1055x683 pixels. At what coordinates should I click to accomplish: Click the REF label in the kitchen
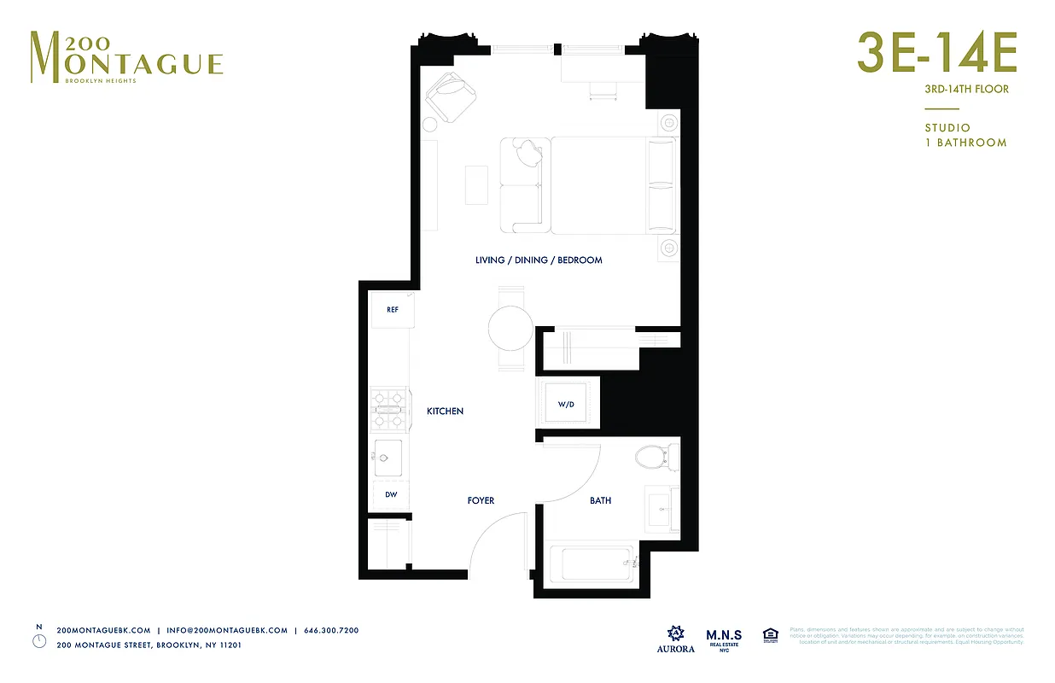coord(393,310)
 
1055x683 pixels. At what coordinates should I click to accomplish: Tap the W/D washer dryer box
coord(565,404)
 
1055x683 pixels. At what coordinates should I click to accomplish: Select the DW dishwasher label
coord(392,495)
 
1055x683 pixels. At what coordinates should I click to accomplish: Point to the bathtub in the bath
coord(591,563)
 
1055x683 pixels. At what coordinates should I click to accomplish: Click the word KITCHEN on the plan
coord(445,412)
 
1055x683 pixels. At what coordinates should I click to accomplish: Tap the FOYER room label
coord(481,500)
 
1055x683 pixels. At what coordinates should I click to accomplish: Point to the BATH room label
coord(600,500)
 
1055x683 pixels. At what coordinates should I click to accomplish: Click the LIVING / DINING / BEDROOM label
coord(539,260)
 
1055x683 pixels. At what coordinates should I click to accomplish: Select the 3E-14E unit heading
coord(936,54)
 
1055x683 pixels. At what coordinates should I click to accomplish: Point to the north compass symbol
coord(39,639)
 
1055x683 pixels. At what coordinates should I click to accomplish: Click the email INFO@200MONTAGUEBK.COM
coord(227,630)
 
